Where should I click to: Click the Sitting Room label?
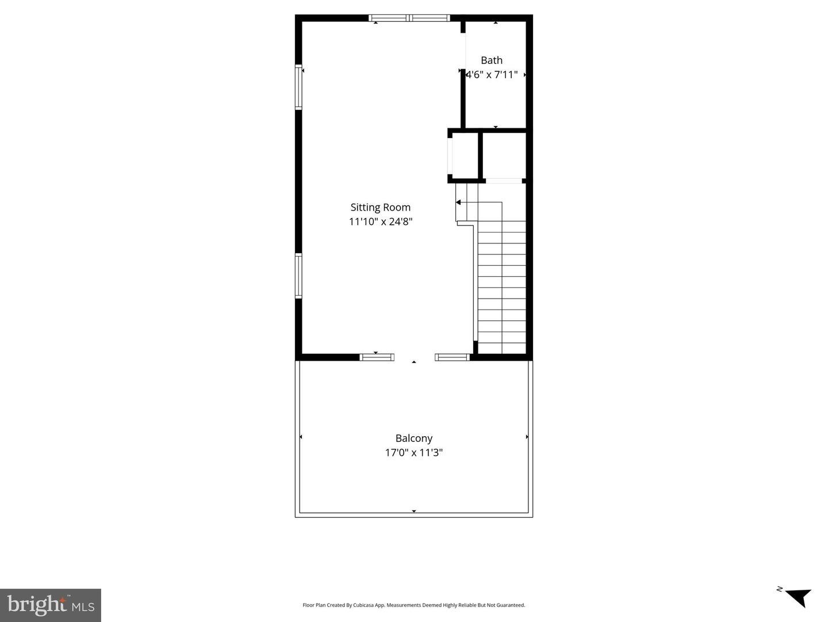(x=380, y=207)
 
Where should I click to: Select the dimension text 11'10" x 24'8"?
(x=380, y=221)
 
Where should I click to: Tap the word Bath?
(x=492, y=60)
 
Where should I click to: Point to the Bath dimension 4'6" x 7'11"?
(x=492, y=75)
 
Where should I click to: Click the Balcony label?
(x=414, y=438)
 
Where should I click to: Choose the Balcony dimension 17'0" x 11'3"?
(x=414, y=452)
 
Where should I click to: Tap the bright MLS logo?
(x=51, y=605)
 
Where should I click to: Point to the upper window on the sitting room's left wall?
(x=298, y=87)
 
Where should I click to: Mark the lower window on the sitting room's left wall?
(x=298, y=276)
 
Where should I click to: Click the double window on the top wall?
(x=409, y=18)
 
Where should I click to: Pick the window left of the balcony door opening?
(x=377, y=357)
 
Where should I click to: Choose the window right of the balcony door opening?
(x=453, y=357)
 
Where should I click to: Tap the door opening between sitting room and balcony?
(x=415, y=357)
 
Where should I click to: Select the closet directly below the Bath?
(x=504, y=155)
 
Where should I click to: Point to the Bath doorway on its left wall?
(x=463, y=51)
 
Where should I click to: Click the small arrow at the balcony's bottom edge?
(x=414, y=512)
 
